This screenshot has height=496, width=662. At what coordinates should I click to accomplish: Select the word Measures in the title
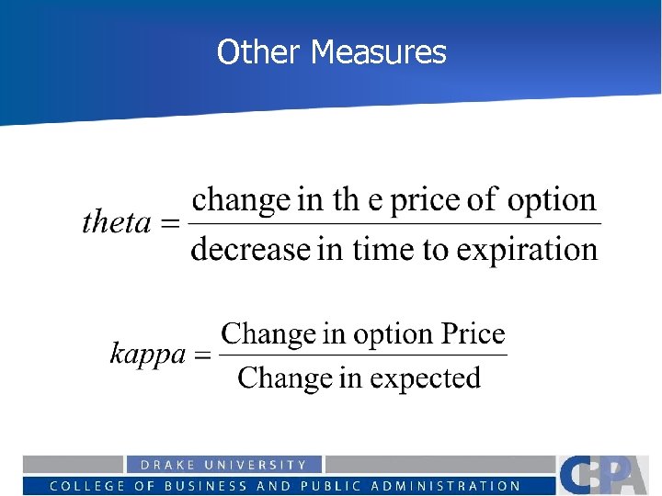click(x=378, y=52)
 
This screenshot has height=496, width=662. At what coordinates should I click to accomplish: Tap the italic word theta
click(x=117, y=222)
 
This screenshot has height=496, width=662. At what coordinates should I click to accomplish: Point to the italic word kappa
click(x=147, y=354)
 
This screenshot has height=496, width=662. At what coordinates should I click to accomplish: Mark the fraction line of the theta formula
click(x=395, y=223)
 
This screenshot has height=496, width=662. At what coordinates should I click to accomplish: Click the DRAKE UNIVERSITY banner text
click(x=223, y=465)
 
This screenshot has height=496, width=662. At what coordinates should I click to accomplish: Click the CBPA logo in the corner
click(x=607, y=474)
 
